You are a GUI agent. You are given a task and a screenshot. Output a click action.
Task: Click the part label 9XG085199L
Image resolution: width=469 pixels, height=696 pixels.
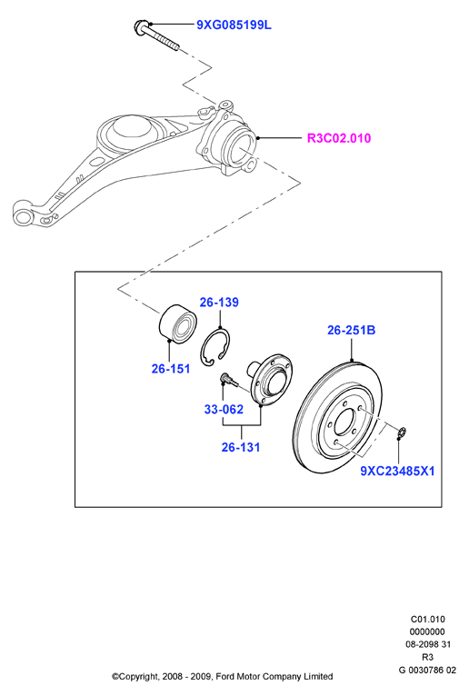click(x=234, y=25)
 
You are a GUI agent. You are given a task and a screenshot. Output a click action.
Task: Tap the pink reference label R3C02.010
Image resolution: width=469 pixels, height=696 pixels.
click(x=339, y=138)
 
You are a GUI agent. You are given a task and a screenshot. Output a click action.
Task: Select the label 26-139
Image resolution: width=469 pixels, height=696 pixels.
click(x=219, y=303)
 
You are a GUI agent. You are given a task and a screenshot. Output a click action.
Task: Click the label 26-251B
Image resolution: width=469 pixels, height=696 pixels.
click(x=352, y=330)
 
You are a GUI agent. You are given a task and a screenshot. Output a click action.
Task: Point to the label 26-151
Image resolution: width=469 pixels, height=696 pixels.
click(x=171, y=369)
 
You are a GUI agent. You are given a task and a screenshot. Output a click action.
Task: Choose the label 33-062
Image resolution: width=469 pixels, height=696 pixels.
click(x=224, y=409)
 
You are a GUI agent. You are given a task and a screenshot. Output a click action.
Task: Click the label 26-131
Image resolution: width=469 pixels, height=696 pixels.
click(x=241, y=447)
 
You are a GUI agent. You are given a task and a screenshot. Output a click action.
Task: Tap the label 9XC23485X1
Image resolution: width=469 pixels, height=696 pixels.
click(x=397, y=471)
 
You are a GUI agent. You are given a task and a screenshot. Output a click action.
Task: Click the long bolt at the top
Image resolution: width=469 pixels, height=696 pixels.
click(x=155, y=35)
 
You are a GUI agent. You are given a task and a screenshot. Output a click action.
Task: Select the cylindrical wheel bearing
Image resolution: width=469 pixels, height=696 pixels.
click(x=177, y=323)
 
